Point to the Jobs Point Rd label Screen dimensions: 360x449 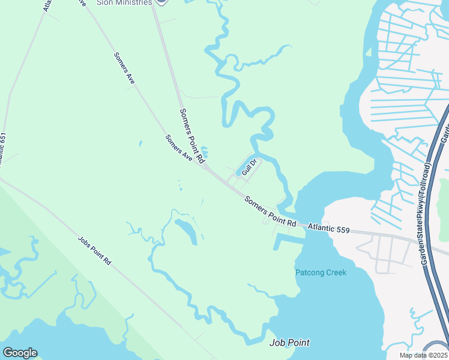click(95, 251)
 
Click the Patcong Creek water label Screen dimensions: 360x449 click(321, 273)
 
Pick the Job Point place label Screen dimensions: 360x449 click(289, 343)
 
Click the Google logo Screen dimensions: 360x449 click(20, 353)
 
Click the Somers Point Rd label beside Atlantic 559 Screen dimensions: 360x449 click(270, 211)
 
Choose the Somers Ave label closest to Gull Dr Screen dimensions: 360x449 click(178, 148)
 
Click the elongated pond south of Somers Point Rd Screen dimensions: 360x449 click(187, 230)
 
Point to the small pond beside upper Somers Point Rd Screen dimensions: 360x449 click(205, 152)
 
